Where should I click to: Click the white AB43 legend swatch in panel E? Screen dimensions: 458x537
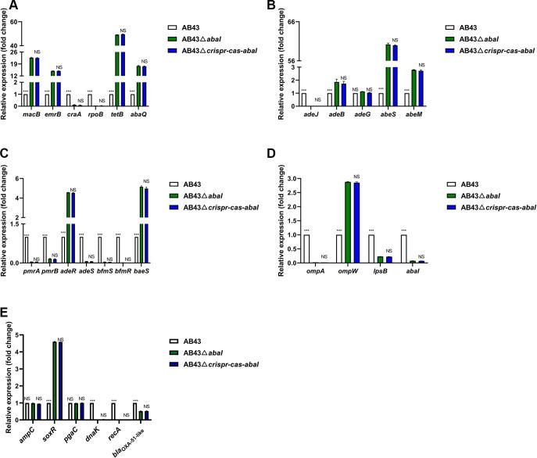177,341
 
